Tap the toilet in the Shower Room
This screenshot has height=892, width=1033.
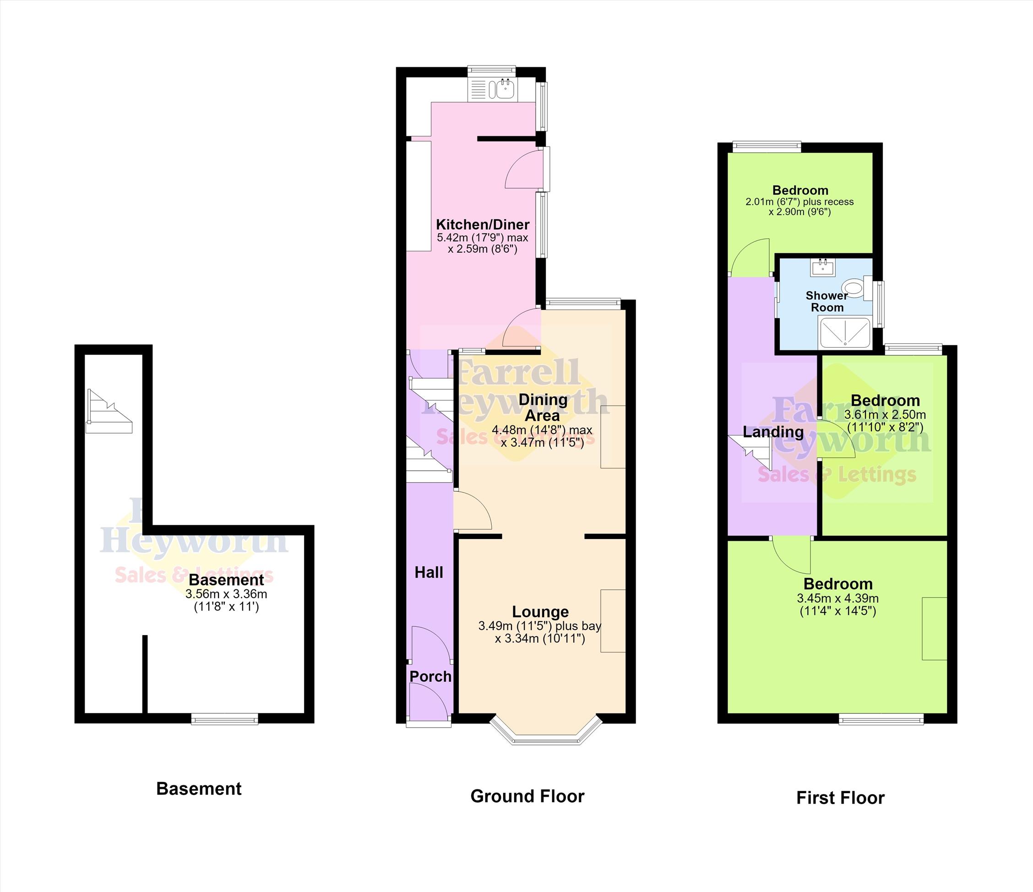tap(857, 288)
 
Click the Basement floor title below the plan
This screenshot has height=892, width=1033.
tap(199, 789)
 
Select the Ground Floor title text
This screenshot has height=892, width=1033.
tap(527, 796)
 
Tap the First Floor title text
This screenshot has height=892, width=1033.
tap(841, 798)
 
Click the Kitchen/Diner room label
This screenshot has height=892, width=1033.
tap(483, 224)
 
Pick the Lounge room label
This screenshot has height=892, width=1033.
tap(540, 612)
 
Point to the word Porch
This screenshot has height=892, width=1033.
tap(431, 676)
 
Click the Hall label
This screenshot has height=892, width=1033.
tap(429, 572)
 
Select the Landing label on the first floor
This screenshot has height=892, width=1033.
tap(773, 432)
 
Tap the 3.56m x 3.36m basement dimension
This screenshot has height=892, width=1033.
tap(226, 594)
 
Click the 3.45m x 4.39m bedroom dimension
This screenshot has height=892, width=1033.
tap(838, 598)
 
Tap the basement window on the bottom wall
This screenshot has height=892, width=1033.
tap(225, 718)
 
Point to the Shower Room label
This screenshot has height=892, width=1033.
tap(827, 301)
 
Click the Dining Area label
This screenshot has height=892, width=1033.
tap(543, 408)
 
